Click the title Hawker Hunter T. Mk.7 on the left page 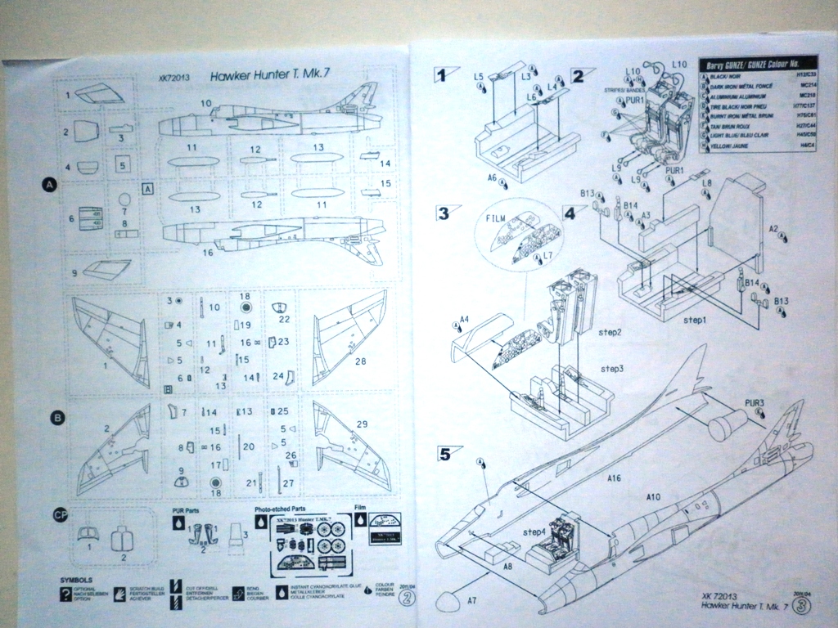[270, 75]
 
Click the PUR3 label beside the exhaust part [755, 403]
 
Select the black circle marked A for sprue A [48, 186]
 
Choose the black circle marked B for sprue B [57, 418]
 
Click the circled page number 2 [408, 598]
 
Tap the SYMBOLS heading [75, 580]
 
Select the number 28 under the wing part [361, 361]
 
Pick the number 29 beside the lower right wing [362, 424]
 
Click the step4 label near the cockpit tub [534, 532]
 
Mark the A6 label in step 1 [493, 177]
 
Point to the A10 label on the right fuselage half [652, 496]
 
